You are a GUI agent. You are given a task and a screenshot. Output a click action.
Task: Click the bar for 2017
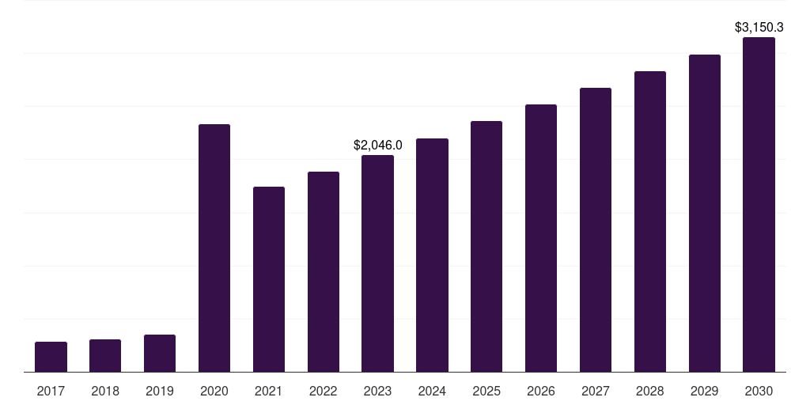click(51, 357)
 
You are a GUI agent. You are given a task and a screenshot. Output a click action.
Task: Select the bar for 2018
click(105, 356)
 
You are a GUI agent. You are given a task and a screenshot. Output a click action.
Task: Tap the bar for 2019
click(160, 354)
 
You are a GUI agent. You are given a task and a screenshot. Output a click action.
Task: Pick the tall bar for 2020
click(214, 248)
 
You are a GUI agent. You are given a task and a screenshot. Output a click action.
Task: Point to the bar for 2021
click(269, 279)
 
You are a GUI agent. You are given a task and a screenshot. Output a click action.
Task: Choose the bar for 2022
click(324, 272)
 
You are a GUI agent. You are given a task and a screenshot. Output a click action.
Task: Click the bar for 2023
click(377, 263)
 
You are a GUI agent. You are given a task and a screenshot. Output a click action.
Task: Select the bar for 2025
click(486, 247)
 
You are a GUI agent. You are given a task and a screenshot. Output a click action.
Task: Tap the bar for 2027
click(596, 230)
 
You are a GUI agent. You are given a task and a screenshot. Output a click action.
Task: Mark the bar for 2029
click(705, 214)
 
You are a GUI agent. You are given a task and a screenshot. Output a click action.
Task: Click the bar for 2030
click(759, 205)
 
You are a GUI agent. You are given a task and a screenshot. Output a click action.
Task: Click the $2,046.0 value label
click(377, 146)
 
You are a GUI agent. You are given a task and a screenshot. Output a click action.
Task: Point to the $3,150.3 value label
click(759, 28)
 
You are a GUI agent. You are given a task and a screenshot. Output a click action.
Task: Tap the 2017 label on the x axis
click(51, 391)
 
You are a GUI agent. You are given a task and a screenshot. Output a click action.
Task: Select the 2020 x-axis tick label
click(214, 391)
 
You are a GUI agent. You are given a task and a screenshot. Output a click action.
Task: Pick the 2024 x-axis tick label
click(432, 391)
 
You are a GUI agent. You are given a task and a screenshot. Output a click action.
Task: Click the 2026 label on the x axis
click(541, 391)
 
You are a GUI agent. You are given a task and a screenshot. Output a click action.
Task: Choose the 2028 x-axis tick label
click(650, 391)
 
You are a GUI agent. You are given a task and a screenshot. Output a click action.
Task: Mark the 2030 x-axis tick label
click(759, 391)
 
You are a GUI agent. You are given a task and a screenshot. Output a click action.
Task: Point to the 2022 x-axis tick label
click(324, 391)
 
